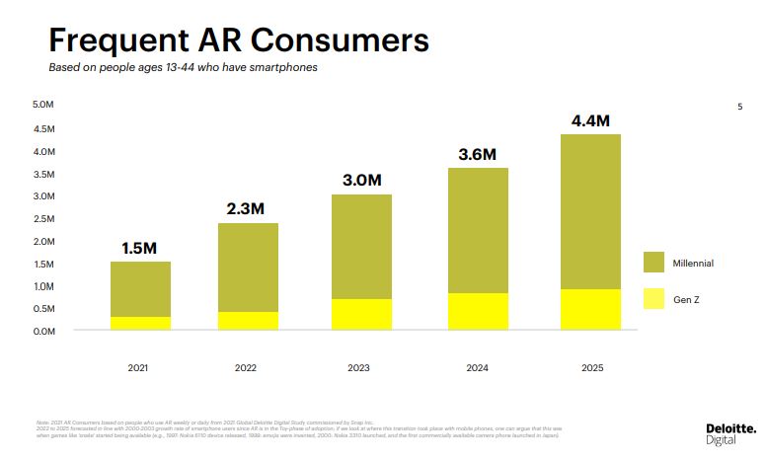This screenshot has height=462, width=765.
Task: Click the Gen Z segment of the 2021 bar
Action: pos(140,323)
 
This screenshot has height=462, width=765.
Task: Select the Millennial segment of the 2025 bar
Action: pos(590,211)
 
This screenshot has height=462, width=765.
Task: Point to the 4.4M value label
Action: pos(590,121)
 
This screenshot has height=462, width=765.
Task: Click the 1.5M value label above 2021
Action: pos(140,248)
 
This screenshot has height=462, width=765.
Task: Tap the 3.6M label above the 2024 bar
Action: pos(477,155)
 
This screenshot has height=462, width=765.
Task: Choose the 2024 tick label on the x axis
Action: pos(477,367)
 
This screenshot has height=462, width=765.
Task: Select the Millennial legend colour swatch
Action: pos(654,263)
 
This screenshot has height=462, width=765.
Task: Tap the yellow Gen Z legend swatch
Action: pos(654,297)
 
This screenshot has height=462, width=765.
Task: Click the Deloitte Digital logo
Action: pos(730,433)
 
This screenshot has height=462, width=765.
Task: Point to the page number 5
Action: pos(739,107)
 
